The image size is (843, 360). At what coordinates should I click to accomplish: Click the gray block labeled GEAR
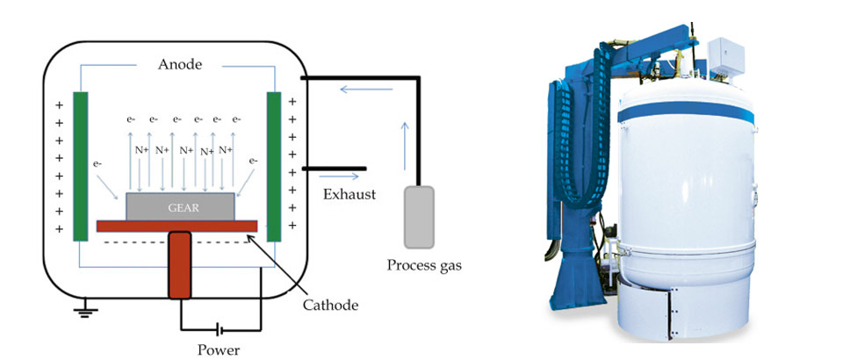181,207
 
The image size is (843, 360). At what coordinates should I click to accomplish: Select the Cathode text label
329,305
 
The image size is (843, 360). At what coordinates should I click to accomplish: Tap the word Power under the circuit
220,348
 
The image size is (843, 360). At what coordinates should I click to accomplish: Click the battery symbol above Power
220,330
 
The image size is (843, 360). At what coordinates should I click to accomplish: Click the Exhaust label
349,194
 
